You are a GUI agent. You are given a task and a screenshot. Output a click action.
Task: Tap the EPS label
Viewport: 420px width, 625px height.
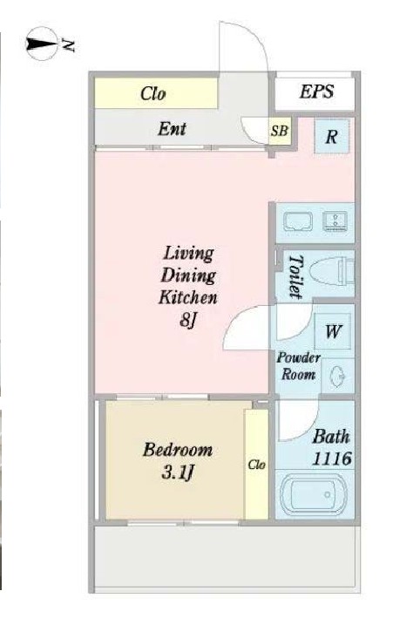316,92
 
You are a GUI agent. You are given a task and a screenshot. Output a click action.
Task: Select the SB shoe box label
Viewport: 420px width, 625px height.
279,131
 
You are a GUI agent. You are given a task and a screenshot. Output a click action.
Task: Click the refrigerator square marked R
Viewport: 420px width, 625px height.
331,136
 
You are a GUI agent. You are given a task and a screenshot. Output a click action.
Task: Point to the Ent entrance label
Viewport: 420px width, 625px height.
172,129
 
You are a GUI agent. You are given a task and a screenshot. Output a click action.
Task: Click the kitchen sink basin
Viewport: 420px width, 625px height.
298,221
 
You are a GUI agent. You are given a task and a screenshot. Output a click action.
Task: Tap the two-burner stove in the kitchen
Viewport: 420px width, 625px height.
335,221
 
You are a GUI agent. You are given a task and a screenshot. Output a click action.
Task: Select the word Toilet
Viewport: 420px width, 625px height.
295,276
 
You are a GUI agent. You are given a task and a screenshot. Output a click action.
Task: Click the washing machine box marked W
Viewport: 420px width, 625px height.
332,331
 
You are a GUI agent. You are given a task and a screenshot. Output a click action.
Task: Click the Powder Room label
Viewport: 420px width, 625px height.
298,366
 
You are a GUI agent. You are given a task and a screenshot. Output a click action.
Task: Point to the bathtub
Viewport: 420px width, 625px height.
313,494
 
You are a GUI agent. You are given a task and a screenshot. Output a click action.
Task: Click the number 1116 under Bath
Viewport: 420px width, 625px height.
332,459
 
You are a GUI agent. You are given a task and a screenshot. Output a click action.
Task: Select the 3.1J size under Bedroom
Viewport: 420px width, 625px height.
178,473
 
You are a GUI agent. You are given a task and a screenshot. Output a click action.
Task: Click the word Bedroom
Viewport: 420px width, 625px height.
178,450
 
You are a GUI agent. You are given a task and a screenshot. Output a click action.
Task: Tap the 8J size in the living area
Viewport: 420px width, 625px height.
188,320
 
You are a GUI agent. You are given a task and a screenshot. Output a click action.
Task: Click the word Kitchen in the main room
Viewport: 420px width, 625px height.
188,297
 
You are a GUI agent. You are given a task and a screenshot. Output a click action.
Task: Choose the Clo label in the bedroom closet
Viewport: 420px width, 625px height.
256,465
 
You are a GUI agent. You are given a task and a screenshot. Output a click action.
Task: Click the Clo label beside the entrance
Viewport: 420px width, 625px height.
153,93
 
